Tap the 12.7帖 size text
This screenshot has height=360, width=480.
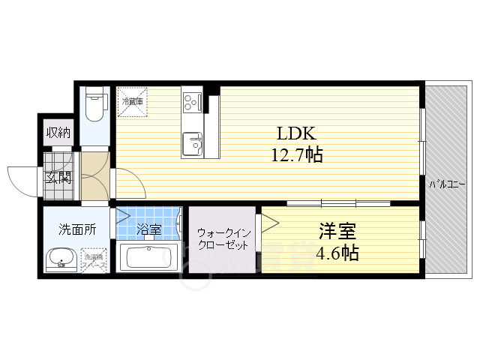click(x=297, y=156)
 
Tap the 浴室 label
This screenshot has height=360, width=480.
click(x=150, y=229)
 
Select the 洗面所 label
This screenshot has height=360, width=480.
click(x=78, y=230)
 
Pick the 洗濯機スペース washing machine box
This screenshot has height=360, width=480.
click(x=95, y=262)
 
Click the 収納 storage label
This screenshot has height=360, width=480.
click(x=58, y=133)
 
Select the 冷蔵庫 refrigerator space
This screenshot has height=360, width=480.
click(x=133, y=103)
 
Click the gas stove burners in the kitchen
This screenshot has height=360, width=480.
click(x=191, y=100)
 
